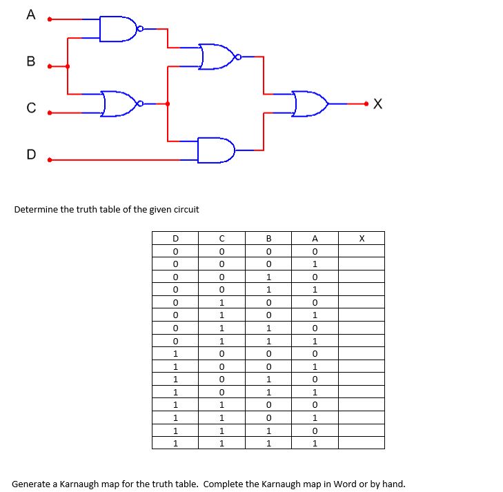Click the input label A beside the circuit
30,15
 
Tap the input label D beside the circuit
30,154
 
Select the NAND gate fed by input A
118,29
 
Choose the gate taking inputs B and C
118,104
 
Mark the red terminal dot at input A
49,19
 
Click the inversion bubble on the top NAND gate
140,29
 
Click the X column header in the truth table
361,239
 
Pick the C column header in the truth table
221,239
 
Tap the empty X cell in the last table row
361,443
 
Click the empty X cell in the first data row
361,251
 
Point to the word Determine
36,209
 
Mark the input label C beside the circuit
30,108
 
